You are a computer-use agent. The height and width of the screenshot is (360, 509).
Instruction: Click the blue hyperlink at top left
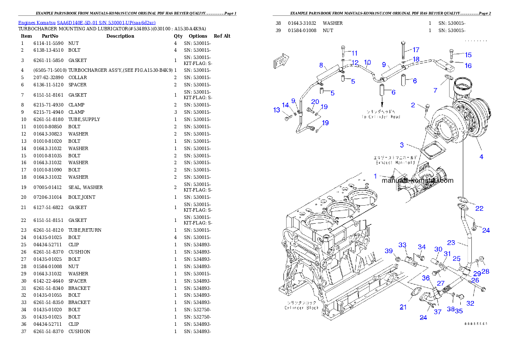87,22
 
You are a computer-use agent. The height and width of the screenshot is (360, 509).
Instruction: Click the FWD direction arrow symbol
281,61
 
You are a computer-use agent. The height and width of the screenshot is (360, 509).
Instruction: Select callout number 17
415,50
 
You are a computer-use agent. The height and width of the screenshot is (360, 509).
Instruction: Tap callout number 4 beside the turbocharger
481,157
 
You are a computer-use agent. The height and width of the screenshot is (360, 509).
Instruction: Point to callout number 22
479,208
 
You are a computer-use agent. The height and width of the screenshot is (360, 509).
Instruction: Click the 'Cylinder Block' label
302,308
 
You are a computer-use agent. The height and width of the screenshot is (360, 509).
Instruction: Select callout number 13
276,110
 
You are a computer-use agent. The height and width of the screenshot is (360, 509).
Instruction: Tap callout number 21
403,307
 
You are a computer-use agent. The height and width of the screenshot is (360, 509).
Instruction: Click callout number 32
470,304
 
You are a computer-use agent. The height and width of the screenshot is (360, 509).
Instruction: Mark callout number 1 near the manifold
376,176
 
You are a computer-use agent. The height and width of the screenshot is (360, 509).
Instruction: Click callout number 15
468,55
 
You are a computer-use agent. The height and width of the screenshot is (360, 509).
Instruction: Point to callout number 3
402,145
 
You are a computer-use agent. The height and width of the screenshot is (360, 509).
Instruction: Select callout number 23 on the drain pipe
451,242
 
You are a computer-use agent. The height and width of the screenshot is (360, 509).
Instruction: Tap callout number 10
367,62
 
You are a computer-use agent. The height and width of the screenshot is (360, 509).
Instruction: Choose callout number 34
422,247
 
